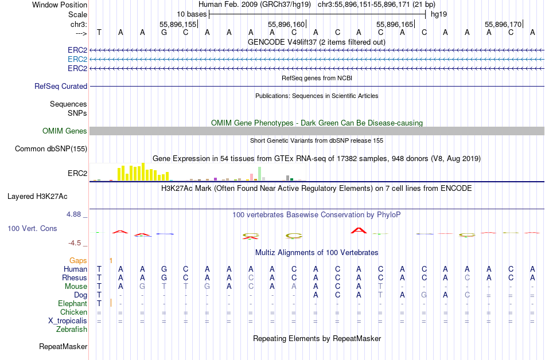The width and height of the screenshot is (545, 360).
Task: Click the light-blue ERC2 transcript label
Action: (77, 59)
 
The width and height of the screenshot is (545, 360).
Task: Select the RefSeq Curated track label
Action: (61, 86)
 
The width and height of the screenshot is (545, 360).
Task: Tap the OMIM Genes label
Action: (65, 131)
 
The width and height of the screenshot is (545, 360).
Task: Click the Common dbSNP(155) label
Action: (51, 148)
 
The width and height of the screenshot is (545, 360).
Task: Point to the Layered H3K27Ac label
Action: (37, 196)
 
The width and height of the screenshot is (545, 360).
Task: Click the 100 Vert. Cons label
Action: (32, 228)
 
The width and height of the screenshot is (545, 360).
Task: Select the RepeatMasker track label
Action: (63, 346)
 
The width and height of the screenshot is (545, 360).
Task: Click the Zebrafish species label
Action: (72, 329)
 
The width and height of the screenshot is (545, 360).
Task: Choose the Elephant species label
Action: (72, 303)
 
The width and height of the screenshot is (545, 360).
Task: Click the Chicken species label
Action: (73, 312)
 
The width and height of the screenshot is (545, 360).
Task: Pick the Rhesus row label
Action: (75, 277)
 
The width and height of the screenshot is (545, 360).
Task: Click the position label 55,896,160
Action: (286, 24)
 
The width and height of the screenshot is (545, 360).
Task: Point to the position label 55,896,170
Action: (503, 24)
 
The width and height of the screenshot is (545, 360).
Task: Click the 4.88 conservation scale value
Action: (75, 214)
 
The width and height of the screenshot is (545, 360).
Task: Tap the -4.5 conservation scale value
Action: (76, 242)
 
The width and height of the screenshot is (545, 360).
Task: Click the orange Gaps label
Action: (78, 260)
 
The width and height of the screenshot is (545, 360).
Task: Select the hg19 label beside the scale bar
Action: (439, 13)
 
